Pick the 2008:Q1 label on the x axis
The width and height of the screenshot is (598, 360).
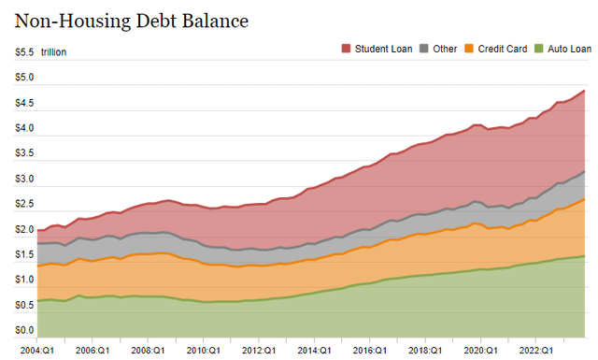click(x=148, y=349)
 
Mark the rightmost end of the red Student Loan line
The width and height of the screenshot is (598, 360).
click(x=585, y=91)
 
